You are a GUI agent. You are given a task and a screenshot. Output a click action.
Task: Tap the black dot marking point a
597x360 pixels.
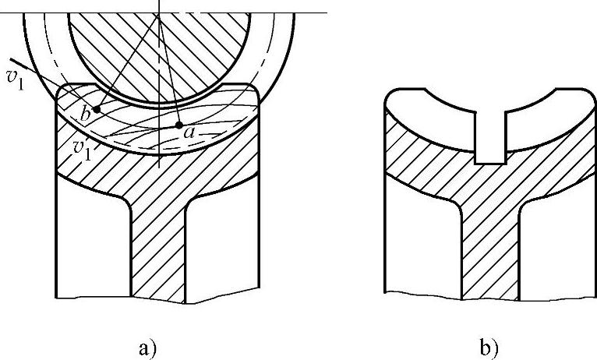pyautogui.click(x=179, y=125)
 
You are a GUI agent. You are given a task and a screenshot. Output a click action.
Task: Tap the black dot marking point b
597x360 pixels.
pyautogui.click(x=97, y=108)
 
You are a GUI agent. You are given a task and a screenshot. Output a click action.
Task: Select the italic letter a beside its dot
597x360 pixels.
pyautogui.click(x=189, y=132)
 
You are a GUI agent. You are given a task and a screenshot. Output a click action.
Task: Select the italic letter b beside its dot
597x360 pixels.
pyautogui.click(x=86, y=115)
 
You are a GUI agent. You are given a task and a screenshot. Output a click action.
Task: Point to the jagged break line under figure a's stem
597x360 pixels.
pyautogui.click(x=158, y=299)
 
